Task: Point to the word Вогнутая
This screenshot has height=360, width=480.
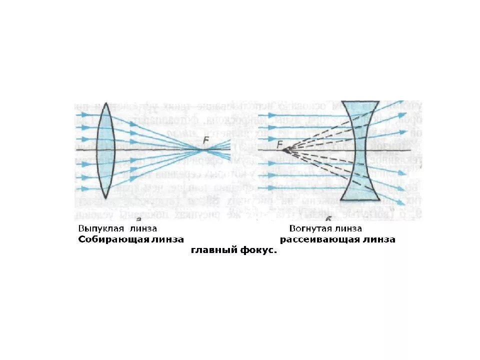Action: pos(308,228)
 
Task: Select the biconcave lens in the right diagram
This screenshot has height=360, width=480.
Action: pos(361,150)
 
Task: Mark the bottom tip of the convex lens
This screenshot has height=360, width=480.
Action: pos(106,198)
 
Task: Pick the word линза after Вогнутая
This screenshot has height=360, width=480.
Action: pos(345,228)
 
